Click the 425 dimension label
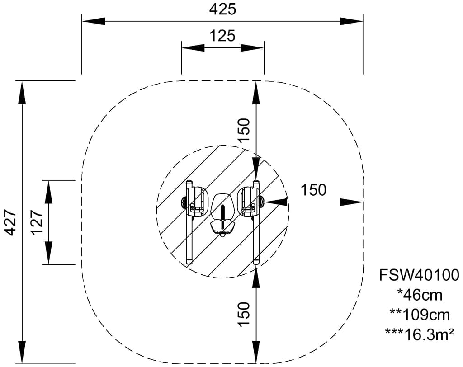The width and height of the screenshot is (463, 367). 222,9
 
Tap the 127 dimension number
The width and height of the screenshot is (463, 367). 38,222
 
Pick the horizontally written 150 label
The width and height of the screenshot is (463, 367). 314,190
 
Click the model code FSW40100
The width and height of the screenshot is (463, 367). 419,274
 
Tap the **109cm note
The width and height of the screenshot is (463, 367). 419,314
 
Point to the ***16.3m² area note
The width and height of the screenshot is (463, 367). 419,334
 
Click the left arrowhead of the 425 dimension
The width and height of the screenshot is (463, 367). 93,21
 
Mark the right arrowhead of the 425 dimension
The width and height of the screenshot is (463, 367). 352,21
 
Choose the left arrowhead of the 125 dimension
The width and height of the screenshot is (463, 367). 192,47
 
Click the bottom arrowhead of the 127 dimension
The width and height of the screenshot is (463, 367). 49,253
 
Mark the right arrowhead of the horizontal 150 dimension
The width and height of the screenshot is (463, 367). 352,202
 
